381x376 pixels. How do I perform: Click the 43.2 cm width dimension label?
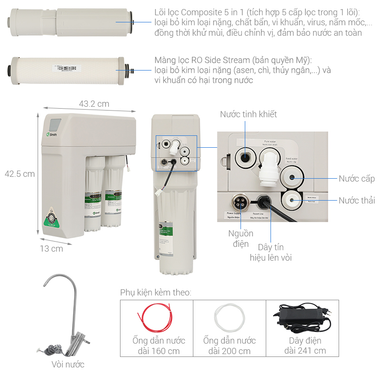(94, 103)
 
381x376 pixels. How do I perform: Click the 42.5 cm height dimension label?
(20, 174)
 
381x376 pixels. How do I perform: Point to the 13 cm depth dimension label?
(51, 248)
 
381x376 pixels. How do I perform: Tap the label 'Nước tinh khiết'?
(248, 114)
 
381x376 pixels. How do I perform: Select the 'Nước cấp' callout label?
(357, 179)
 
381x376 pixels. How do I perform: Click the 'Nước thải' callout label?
(357, 200)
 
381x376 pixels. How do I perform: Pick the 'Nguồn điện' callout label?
(241, 239)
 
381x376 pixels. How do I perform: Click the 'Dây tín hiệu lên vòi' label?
(271, 253)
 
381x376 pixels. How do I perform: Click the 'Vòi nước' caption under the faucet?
(68, 365)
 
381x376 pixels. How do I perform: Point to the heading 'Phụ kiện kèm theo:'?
(156, 292)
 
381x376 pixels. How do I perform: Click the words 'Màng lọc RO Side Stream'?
(202, 60)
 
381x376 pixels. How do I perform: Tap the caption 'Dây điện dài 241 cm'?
(305, 346)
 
